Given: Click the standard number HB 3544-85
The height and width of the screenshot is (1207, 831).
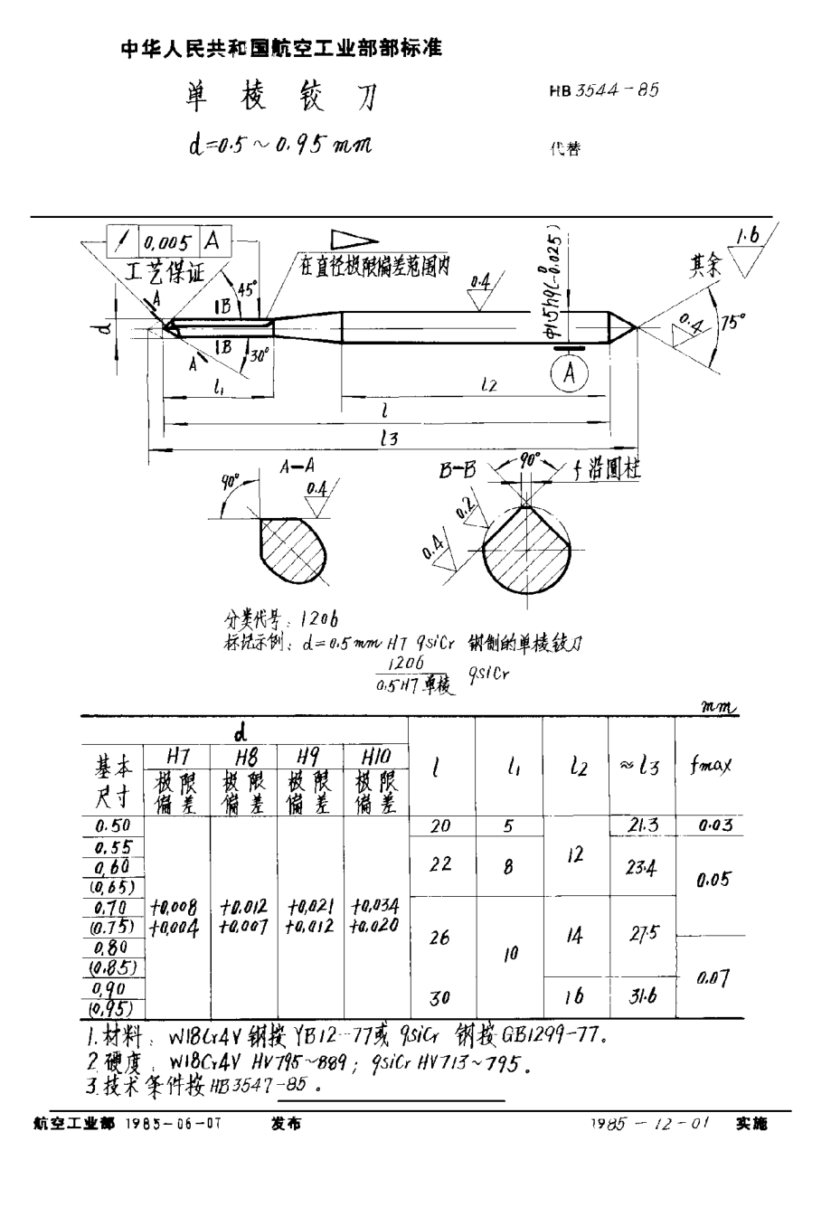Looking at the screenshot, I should click(603, 90).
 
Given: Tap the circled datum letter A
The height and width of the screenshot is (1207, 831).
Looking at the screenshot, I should click(569, 372).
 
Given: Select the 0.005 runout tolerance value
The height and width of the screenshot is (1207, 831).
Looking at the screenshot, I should click(168, 241).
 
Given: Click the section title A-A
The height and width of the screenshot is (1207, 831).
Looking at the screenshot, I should click(296, 467).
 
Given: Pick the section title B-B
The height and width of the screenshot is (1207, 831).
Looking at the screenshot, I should click(458, 471).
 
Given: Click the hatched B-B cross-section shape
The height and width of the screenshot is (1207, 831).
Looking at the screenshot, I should click(526, 544).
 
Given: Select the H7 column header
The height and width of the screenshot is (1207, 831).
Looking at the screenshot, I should click(177, 756).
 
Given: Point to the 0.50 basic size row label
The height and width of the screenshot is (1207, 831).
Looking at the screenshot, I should click(113, 825).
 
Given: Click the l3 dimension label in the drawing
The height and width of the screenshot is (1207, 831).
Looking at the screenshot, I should click(389, 438).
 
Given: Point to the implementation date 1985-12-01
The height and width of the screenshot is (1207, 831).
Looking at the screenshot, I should click(649, 1124).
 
